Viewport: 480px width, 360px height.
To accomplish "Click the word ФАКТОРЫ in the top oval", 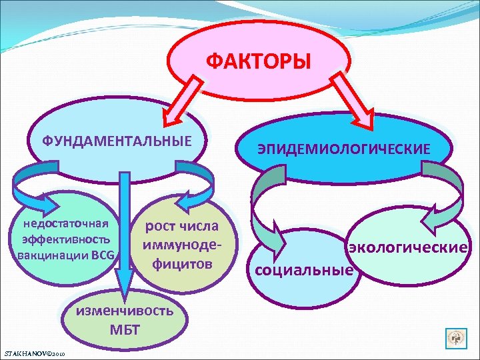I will (x=258, y=62).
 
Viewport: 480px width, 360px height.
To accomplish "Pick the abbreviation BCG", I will (x=103, y=254).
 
